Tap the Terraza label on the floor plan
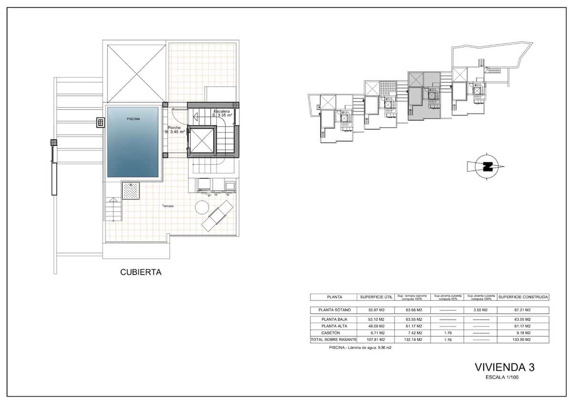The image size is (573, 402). click(167, 206)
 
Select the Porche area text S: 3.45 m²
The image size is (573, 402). click(175, 132)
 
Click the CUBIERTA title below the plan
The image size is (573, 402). click(140, 273)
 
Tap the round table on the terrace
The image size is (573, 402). click(202, 207)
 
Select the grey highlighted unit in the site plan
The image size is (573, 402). click(424, 98)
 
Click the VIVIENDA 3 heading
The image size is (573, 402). click(504, 367)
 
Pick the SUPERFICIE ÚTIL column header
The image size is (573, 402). click(376, 297)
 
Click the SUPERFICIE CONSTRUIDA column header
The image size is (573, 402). click(523, 297)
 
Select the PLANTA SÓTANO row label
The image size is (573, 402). click(333, 310)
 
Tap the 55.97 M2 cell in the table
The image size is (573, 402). click(376, 310)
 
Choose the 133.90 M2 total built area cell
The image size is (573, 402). click(523, 340)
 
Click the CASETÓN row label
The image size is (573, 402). click(333, 333)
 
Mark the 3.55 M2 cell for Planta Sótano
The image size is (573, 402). click(481, 310)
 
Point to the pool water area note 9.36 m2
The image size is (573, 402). click(361, 348)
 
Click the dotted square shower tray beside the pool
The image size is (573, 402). click(131, 191)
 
